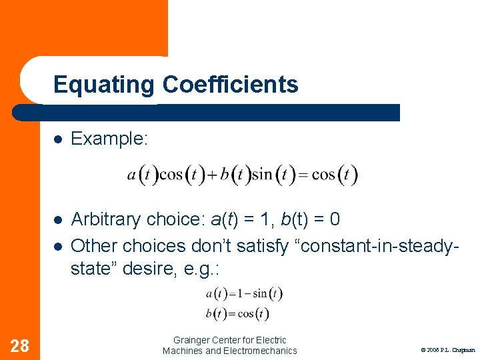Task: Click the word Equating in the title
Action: tap(104, 85)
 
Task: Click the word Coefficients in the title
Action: tap(230, 85)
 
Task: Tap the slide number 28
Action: tap(20, 345)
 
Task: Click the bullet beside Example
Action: tap(59, 139)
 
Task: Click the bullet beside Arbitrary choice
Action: tap(59, 219)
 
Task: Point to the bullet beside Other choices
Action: tap(59, 246)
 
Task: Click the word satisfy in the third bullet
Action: tap(263, 246)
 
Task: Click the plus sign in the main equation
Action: tap(212, 175)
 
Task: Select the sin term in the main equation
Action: tap(262, 175)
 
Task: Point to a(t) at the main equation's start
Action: tap(142, 175)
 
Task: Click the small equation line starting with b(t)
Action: tap(237, 314)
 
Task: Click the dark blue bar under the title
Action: tap(267, 113)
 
